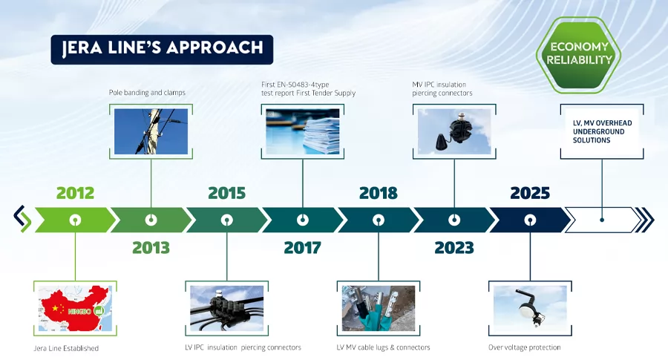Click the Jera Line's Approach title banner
[162, 50]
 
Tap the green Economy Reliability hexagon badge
[578, 54]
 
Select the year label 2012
[76, 193]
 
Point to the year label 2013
[151, 247]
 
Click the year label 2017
[303, 247]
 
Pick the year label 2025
[530, 193]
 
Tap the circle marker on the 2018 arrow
[379, 220]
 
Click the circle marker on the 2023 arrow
[454, 220]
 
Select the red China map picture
[75, 308]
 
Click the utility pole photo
[151, 131]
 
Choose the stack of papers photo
[303, 131]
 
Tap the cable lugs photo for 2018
[379, 308]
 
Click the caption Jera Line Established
[66, 348]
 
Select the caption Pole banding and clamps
[147, 93]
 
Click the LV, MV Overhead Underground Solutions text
[602, 131]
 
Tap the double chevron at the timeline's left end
[22, 219]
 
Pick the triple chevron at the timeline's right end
[644, 220]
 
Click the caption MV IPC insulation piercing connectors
[442, 88]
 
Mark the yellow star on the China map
[55, 308]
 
